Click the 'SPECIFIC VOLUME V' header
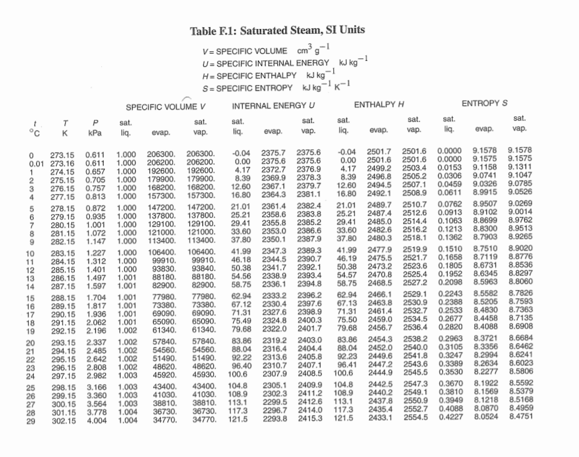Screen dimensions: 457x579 tap(166, 107)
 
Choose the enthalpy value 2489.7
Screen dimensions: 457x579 tap(380, 205)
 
